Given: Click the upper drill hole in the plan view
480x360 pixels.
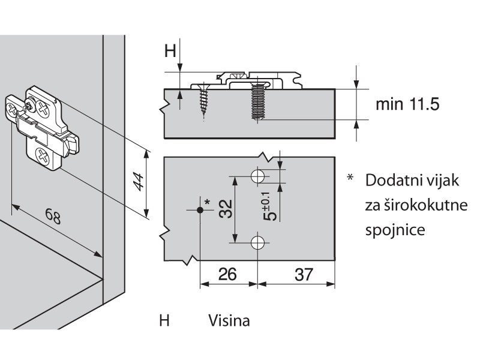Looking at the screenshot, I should pyautogui.click(x=258, y=176).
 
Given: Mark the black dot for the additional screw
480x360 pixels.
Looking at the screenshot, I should pyautogui.click(x=199, y=210).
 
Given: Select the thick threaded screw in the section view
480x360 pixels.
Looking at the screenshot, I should pyautogui.click(x=257, y=102).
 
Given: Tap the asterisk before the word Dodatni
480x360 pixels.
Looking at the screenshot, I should pyautogui.click(x=349, y=179).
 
